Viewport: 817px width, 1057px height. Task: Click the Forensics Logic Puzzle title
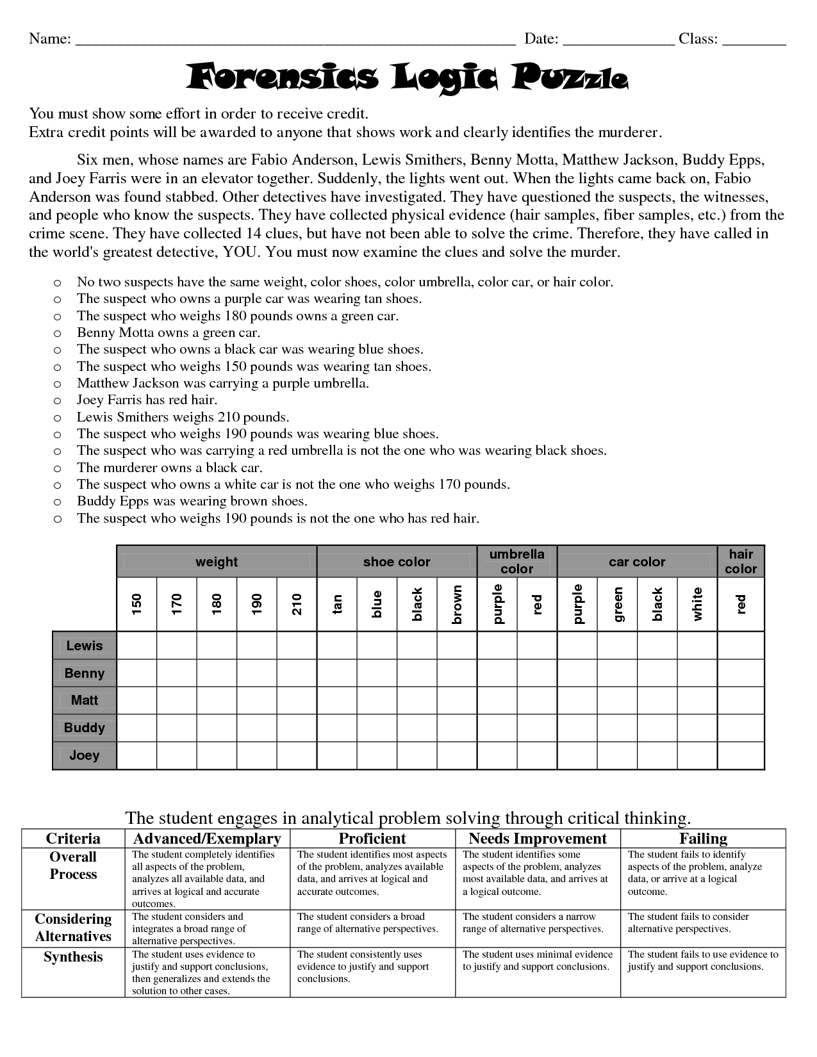408,78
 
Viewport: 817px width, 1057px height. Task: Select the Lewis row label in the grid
85,646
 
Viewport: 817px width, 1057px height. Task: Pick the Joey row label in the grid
85,755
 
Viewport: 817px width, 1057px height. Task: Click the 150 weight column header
136,604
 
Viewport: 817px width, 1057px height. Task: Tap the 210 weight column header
297,604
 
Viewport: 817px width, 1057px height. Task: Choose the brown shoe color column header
457,604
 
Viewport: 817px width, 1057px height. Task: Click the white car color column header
697,604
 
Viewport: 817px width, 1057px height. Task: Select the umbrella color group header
516,561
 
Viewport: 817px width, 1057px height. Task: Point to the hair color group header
741,561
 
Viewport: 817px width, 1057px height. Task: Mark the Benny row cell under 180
217,673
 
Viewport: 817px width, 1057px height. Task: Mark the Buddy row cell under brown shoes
457,728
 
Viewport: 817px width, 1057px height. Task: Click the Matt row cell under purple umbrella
497,700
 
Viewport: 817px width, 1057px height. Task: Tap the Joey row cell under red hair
741,755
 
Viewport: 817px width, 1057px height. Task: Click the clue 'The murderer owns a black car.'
170,468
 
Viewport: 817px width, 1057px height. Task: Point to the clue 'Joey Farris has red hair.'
147,400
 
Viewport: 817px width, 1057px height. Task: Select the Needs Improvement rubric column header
538,839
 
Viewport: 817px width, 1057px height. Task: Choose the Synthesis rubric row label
73,957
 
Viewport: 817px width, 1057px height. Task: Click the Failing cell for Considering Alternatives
703,928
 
